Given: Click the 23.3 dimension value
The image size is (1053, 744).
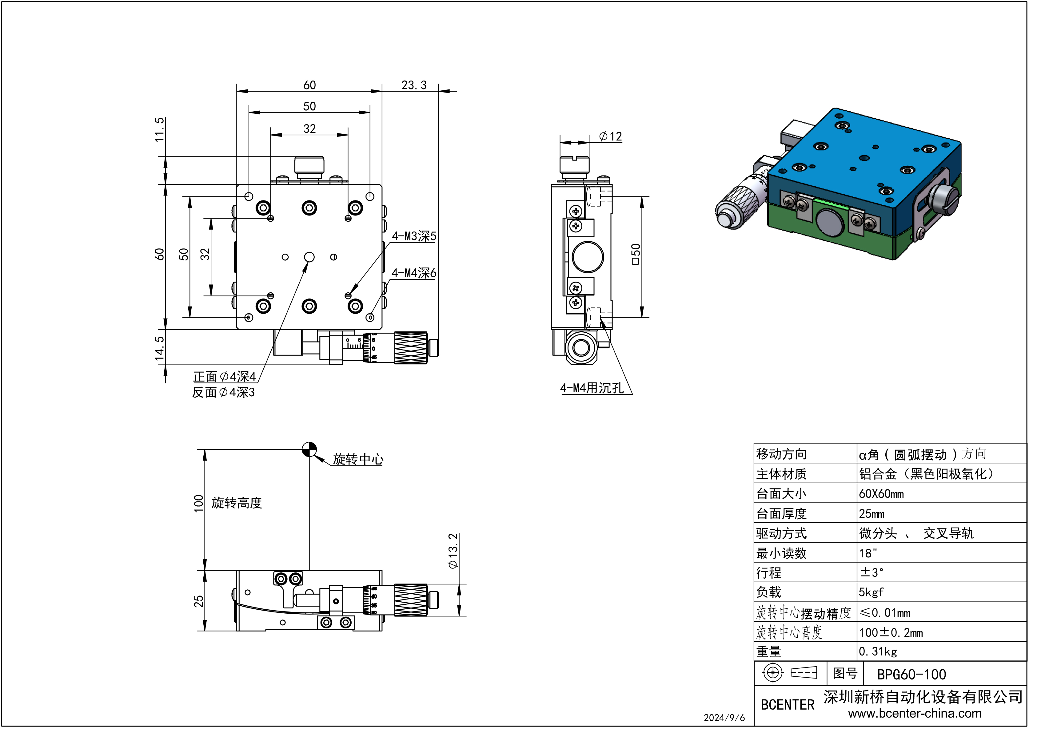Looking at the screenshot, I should point(414,85).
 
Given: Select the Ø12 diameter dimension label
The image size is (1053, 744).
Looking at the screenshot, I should point(610,137).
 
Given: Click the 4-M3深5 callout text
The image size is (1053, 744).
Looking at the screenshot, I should point(414,236).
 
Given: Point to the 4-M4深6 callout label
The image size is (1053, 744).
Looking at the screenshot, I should point(414,273).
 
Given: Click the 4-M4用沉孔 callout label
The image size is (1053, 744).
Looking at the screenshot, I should point(592,388).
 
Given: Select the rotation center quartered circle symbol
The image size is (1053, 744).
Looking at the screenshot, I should point(309,449).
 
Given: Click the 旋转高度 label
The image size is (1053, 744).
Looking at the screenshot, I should point(237,503).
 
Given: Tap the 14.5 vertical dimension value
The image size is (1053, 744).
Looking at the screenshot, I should point(159,348).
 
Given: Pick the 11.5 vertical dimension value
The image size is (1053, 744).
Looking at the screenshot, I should point(159,130).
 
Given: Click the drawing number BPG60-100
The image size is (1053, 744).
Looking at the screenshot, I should point(911,674).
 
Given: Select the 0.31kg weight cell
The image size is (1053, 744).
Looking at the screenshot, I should point(878,651).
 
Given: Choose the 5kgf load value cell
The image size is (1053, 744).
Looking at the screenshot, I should point(871,592).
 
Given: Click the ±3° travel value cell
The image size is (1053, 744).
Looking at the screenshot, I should point(872,572).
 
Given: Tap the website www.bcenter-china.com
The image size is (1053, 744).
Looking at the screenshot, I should point(915,713).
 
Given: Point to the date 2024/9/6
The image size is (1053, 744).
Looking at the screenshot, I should point(724,718).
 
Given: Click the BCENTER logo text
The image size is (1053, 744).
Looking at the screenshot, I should point(788,705).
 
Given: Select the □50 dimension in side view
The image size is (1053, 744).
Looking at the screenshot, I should point(635,254).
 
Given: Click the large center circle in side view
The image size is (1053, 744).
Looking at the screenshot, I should point(588,257).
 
